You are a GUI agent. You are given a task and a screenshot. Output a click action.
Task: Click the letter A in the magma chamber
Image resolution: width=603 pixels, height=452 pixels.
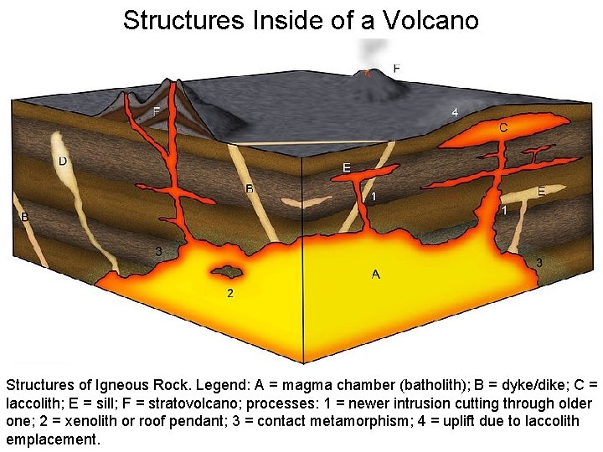click(x=375, y=274)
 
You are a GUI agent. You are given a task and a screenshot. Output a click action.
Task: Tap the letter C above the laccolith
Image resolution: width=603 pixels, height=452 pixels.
click(x=503, y=128)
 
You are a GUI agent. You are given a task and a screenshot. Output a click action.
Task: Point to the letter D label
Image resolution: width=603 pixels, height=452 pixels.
click(x=62, y=160)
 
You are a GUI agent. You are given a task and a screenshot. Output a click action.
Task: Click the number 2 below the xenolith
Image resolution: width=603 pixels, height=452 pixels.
click(x=230, y=294)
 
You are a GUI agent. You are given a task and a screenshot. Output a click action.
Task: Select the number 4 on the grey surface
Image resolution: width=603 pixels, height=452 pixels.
click(x=455, y=111)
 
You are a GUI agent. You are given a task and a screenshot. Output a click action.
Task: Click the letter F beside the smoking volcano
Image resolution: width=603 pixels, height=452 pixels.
click(x=396, y=68)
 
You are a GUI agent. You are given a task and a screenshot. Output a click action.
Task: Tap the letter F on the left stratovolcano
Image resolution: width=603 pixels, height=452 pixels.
click(x=157, y=110)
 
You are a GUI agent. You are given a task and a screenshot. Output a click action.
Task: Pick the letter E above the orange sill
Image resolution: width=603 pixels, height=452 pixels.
click(x=347, y=167)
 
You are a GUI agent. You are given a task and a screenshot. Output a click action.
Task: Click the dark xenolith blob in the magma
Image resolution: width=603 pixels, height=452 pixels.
click(x=224, y=271)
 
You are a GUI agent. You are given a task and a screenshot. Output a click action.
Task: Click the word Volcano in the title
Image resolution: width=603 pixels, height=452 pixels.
click(x=430, y=20)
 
